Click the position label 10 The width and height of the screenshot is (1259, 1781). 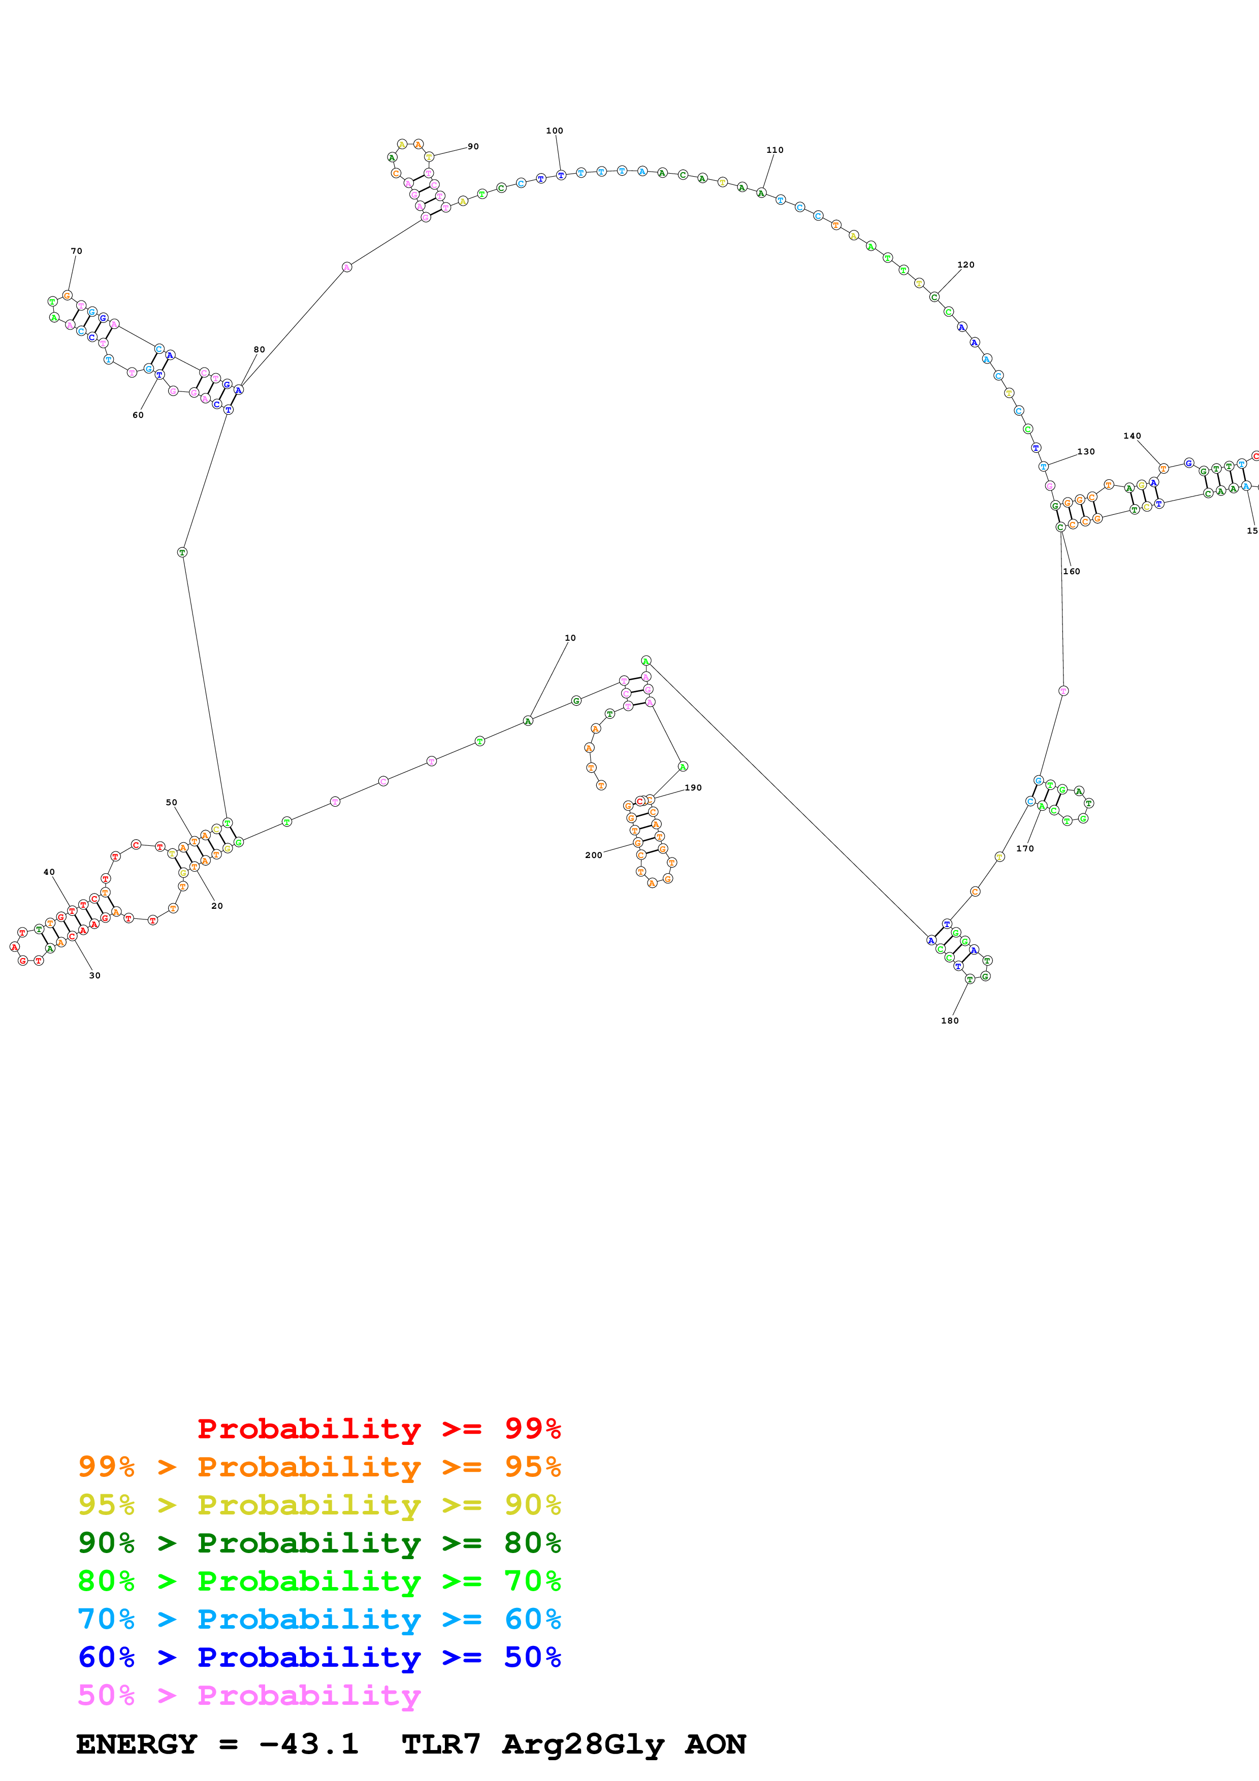pos(570,638)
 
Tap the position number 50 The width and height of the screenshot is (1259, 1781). pos(172,802)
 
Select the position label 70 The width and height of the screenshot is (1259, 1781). pos(76,251)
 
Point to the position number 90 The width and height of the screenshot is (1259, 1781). pos(473,146)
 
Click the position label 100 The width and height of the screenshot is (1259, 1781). pos(555,130)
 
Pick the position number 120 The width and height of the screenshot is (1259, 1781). pos(966,265)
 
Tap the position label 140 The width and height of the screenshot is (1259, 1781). pos(1133,436)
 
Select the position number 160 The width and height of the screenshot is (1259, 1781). pos(1071,571)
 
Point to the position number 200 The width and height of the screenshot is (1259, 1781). pos(593,855)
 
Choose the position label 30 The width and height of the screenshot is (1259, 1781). pos(94,976)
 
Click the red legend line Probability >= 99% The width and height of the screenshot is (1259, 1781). pos(378,1428)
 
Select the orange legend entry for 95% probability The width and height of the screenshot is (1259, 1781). pos(319,1466)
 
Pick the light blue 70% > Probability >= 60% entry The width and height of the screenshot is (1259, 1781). pos(319,1619)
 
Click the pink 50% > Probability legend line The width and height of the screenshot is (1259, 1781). pos(249,1695)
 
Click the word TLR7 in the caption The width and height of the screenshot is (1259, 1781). pos(441,1744)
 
